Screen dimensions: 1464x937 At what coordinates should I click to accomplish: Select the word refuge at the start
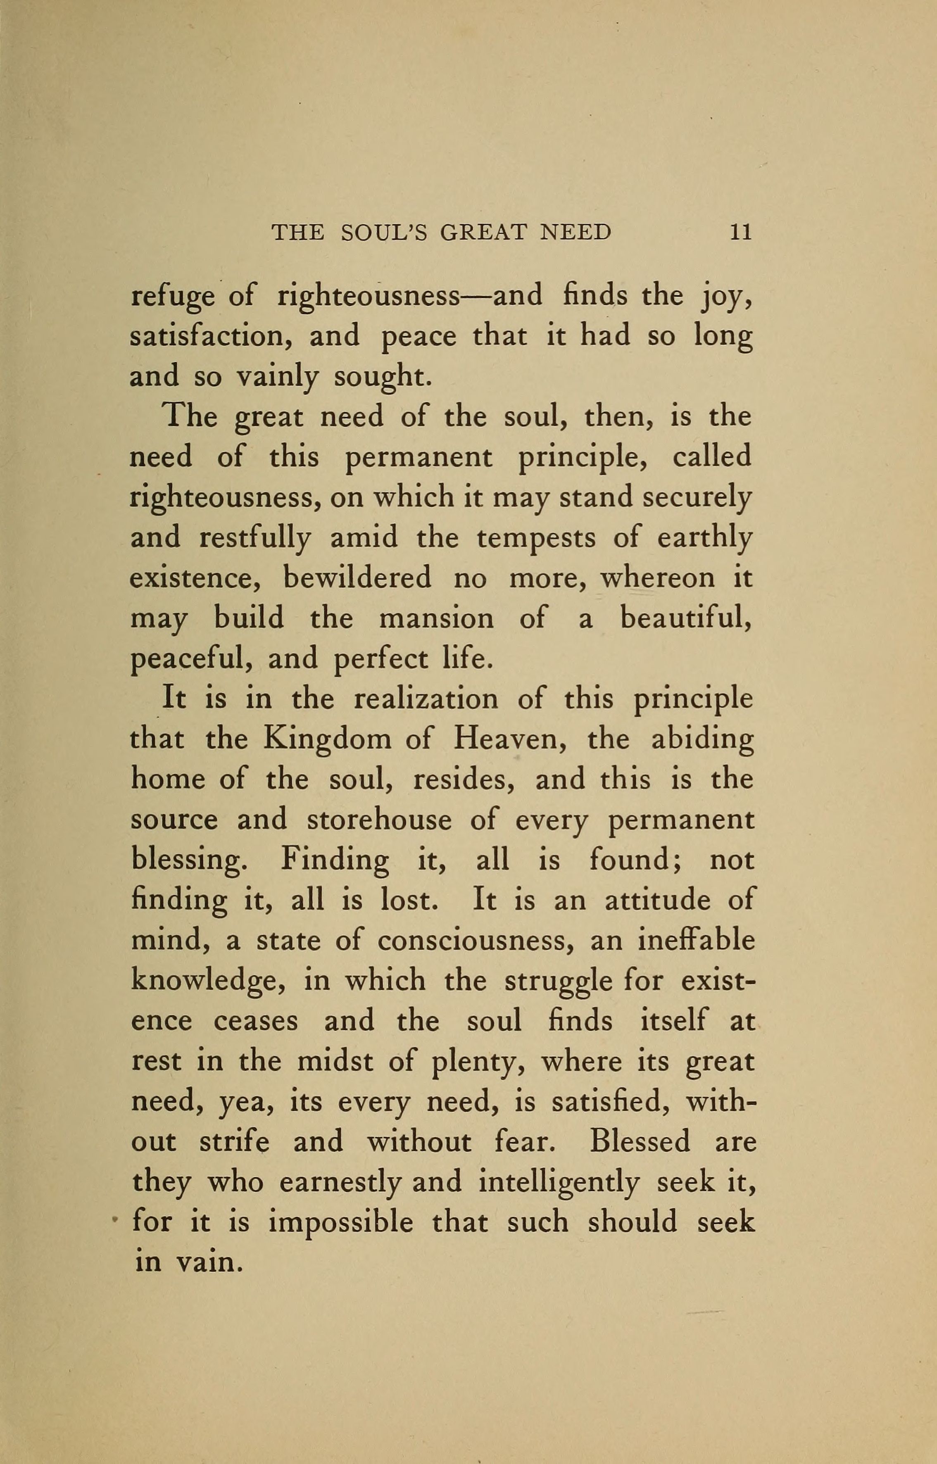pos(172,297)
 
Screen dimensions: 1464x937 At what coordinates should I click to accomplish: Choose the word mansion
pos(436,618)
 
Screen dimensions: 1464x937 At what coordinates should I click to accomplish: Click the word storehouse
pos(379,820)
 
